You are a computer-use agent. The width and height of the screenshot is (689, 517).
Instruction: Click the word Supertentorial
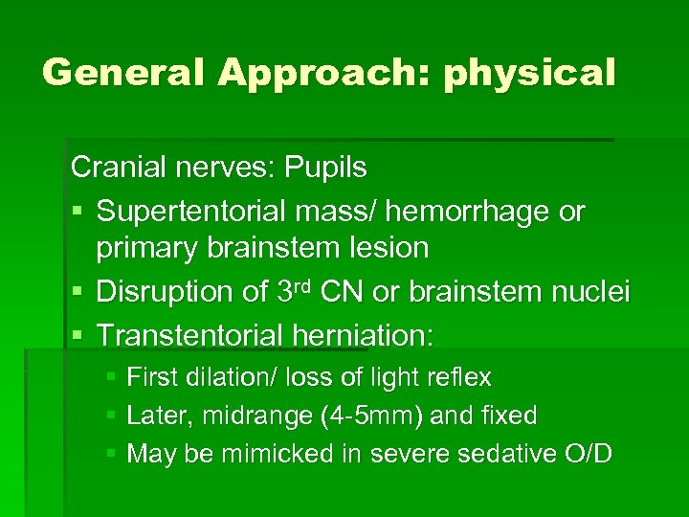pos(209,210)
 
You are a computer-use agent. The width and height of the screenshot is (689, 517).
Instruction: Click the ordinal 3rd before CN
pos(300,289)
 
